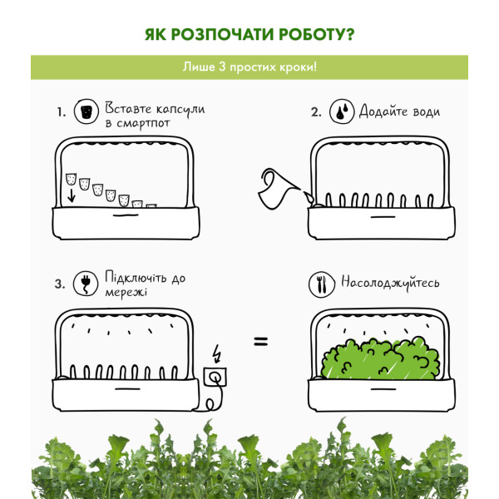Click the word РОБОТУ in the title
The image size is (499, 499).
point(313,34)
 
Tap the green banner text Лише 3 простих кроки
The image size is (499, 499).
point(249,67)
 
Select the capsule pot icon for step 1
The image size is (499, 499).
point(86,111)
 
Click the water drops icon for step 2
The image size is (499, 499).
point(342,111)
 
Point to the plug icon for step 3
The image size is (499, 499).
point(86,284)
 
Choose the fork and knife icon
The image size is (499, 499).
point(321,284)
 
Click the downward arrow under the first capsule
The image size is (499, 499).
point(72,195)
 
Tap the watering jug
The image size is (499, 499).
point(278,189)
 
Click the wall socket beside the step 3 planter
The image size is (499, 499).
point(215,377)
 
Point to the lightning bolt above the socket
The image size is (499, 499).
point(217,353)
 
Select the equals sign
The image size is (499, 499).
point(261,342)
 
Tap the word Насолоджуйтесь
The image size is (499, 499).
point(390,283)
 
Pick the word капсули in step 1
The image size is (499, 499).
point(180,110)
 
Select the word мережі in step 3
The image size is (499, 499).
point(126,292)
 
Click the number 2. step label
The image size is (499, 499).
point(316,112)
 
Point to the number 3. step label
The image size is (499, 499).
point(60,284)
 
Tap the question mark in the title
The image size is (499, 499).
point(350,34)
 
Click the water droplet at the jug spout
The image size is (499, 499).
point(309,198)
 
